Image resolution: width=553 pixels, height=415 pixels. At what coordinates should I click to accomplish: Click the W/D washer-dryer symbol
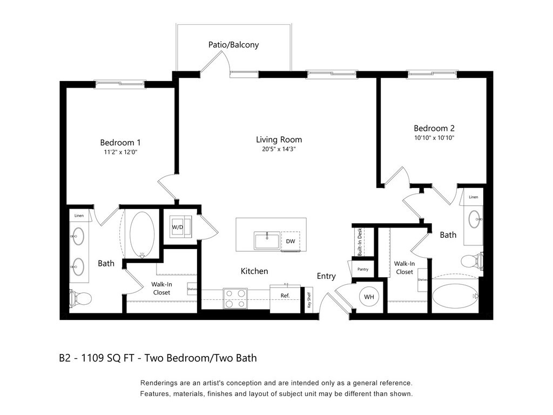click(178, 227)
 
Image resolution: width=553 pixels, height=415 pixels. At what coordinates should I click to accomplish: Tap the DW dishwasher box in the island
click(291, 241)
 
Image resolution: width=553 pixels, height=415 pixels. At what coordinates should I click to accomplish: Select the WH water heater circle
click(369, 297)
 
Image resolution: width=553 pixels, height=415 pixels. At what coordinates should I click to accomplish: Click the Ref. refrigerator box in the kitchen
click(285, 296)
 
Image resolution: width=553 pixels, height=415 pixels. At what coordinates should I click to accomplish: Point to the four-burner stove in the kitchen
click(235, 298)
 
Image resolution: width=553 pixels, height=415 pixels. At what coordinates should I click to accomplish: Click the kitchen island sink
click(267, 240)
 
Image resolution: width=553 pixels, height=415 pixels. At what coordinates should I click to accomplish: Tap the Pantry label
click(362, 269)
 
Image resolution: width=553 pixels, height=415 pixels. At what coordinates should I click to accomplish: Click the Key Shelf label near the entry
click(309, 300)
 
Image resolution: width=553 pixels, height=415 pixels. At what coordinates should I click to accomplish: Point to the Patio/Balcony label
click(233, 45)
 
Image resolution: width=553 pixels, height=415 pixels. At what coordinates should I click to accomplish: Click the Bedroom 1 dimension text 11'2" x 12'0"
click(120, 152)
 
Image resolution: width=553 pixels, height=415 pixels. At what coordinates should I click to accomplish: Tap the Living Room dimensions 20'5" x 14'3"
click(279, 149)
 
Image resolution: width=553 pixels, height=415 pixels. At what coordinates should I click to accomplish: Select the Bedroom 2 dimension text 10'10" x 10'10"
click(434, 138)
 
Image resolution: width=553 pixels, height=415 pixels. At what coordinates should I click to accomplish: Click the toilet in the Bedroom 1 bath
click(79, 297)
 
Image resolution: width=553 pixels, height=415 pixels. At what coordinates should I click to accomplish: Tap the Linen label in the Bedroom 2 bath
click(473, 197)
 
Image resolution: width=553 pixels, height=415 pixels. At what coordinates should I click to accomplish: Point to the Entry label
click(326, 276)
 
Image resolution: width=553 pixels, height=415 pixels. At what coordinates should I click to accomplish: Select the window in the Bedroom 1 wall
click(119, 83)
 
